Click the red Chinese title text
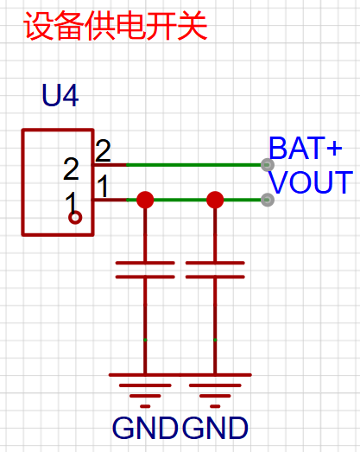116,26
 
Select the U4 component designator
60,95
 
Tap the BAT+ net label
306,148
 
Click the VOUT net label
311,181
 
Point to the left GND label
145,428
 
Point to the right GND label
215,428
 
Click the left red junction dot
145,200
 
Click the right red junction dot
215,200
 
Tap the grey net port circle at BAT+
268,165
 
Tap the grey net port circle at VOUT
268,200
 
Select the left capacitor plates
145,270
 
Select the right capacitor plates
215,270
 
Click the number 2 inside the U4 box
71,169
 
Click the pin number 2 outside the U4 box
103,150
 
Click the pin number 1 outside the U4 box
103,186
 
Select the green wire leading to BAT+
194,165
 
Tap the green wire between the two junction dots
180,200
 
